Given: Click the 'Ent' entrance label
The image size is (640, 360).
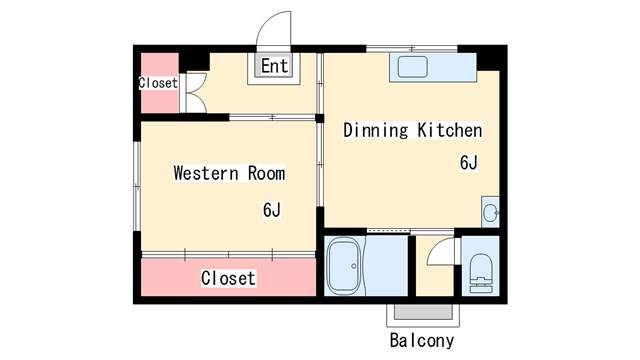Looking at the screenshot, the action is click(x=275, y=66).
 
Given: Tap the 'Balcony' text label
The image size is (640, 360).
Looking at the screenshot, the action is click(x=422, y=340).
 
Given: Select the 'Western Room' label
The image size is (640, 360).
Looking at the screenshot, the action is click(x=229, y=173).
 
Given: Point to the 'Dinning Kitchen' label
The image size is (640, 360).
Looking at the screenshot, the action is click(x=413, y=130).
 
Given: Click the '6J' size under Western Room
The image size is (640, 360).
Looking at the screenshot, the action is click(x=272, y=210).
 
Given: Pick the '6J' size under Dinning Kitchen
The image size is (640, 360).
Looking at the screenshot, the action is click(x=469, y=162).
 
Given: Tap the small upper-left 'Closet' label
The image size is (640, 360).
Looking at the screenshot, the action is click(x=158, y=83).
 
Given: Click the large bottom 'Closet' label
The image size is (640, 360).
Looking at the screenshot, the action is click(x=229, y=278).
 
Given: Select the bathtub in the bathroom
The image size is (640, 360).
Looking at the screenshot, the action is click(x=345, y=266).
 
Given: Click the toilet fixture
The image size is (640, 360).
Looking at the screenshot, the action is click(x=481, y=273).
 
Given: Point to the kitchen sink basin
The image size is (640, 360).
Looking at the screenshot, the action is click(x=413, y=67).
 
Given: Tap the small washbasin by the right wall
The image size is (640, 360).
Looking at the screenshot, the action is click(x=490, y=212).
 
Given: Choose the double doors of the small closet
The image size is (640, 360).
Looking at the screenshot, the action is click(x=197, y=93).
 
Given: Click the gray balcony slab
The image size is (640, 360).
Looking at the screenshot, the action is click(x=423, y=312).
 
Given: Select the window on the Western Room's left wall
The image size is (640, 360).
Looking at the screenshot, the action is click(x=138, y=186).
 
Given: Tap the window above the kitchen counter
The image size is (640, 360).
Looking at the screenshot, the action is click(x=411, y=49).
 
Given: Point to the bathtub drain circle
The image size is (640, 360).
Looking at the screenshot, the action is click(x=353, y=266).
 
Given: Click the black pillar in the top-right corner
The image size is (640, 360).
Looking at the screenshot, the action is click(x=488, y=58).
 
